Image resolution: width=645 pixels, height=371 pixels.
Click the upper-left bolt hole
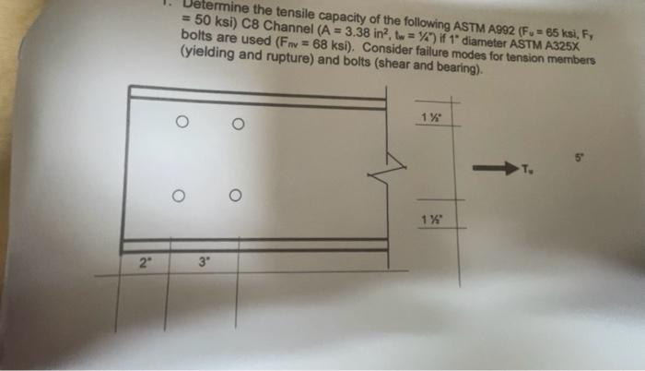pyautogui.click(x=183, y=121)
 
